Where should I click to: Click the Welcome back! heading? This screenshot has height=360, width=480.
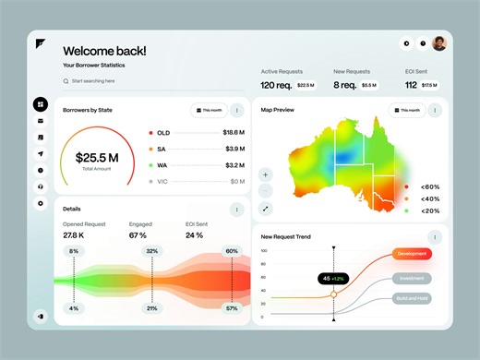coord(104,51)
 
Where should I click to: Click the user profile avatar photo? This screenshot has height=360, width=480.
coord(438,43)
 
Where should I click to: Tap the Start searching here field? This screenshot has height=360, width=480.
coord(102,81)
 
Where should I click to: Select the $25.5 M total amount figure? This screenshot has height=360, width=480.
coord(102,158)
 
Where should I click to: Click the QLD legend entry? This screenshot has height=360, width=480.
coord(163,133)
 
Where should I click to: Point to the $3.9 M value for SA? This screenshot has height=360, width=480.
coord(234,149)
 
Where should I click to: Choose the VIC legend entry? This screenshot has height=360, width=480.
coord(163,182)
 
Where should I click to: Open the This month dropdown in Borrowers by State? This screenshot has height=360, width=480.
coord(209,110)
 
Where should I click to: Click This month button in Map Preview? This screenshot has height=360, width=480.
coord(407,110)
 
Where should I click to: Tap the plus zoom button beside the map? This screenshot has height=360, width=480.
coord(265,174)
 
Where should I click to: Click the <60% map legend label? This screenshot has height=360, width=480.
coord(429,186)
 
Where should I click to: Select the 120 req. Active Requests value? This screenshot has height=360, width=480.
coord(277,85)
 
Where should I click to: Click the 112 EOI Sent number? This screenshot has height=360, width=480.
coord(411,85)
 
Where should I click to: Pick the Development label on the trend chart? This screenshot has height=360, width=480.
coord(412,253)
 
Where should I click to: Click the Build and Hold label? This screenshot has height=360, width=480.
coord(412,298)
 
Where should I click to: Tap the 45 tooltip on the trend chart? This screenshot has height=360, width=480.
coord(332,278)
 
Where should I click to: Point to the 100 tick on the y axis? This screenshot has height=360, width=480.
coord(263,250)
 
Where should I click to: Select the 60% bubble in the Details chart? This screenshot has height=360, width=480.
coord(231,251)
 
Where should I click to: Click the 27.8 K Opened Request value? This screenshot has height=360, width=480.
coord(75,234)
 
